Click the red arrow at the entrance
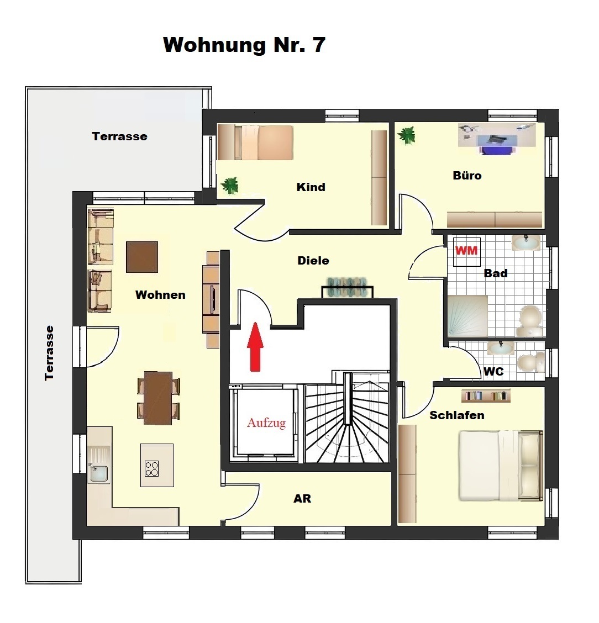tap(255, 347)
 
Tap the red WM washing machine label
tap(466, 251)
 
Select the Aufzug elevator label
tap(266, 423)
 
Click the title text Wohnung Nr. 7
tap(244, 45)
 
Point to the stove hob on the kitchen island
tap(152, 468)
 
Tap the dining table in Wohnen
tap(158, 398)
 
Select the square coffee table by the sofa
tap(142, 257)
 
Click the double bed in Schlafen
tap(501, 465)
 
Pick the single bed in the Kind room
tap(255, 142)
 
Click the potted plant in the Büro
tap(407, 136)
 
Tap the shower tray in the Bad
tap(467, 316)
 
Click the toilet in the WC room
tap(532, 362)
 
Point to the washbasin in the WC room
tap(501, 347)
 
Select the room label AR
tap(302, 499)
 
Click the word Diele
tap(313, 261)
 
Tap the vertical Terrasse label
tap(49, 353)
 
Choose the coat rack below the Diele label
tap(348, 287)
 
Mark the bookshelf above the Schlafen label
tap(486, 396)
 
